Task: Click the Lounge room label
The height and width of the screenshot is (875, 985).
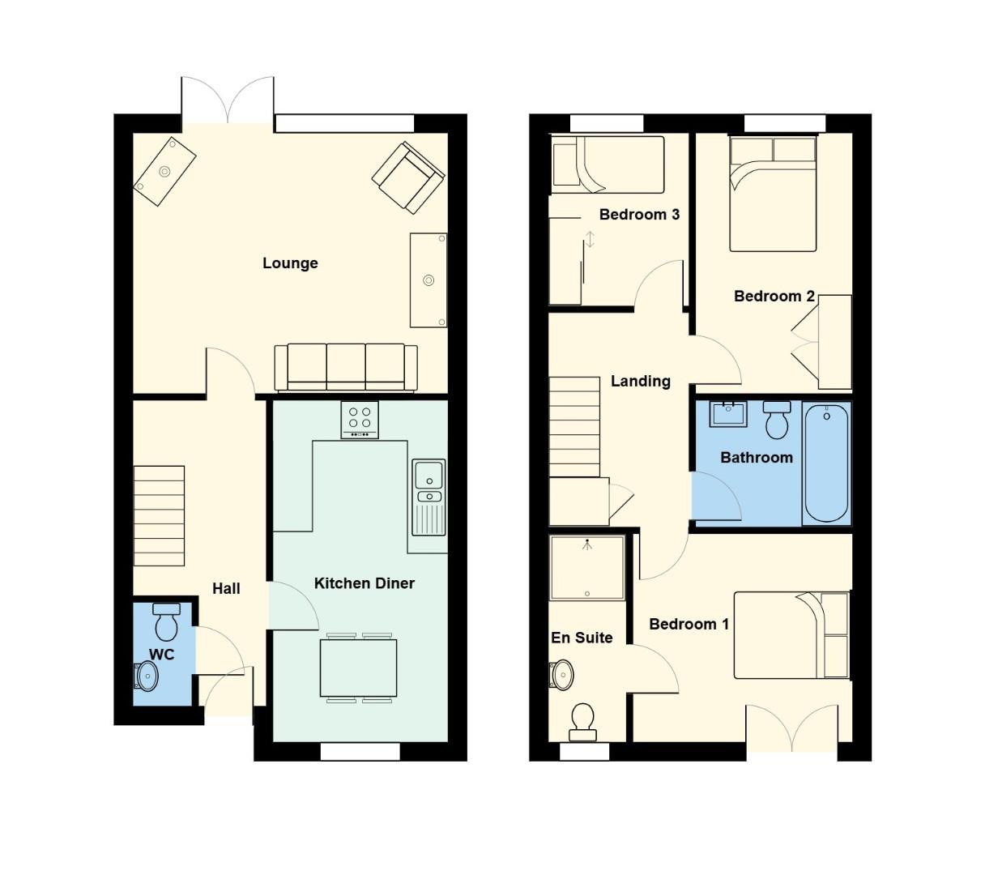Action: point(290,263)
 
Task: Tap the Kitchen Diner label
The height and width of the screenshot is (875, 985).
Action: point(364,583)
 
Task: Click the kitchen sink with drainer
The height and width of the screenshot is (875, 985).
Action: point(429,497)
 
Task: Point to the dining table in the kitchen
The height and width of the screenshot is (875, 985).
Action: point(359,668)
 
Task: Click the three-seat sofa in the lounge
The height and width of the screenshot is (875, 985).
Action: point(346,366)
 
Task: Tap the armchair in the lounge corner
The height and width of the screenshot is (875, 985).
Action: point(407,177)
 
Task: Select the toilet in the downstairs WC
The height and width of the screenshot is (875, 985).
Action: point(166,621)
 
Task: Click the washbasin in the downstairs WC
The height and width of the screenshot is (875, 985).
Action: point(147,675)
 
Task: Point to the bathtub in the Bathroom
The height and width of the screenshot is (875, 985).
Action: point(826,463)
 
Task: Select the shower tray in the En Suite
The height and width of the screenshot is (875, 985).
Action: point(587,567)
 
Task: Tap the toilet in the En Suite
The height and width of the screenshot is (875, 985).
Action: point(582,722)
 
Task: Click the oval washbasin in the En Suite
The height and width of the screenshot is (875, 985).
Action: point(561,674)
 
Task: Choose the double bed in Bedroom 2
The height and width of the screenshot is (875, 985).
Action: point(773,194)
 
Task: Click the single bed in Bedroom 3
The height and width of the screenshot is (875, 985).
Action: point(606,164)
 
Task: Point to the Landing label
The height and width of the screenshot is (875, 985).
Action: point(640,381)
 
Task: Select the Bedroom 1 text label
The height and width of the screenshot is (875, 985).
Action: point(689,624)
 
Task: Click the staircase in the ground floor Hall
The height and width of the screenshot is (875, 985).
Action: point(159,515)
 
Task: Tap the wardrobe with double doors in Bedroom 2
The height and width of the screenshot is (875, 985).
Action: point(834,342)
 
